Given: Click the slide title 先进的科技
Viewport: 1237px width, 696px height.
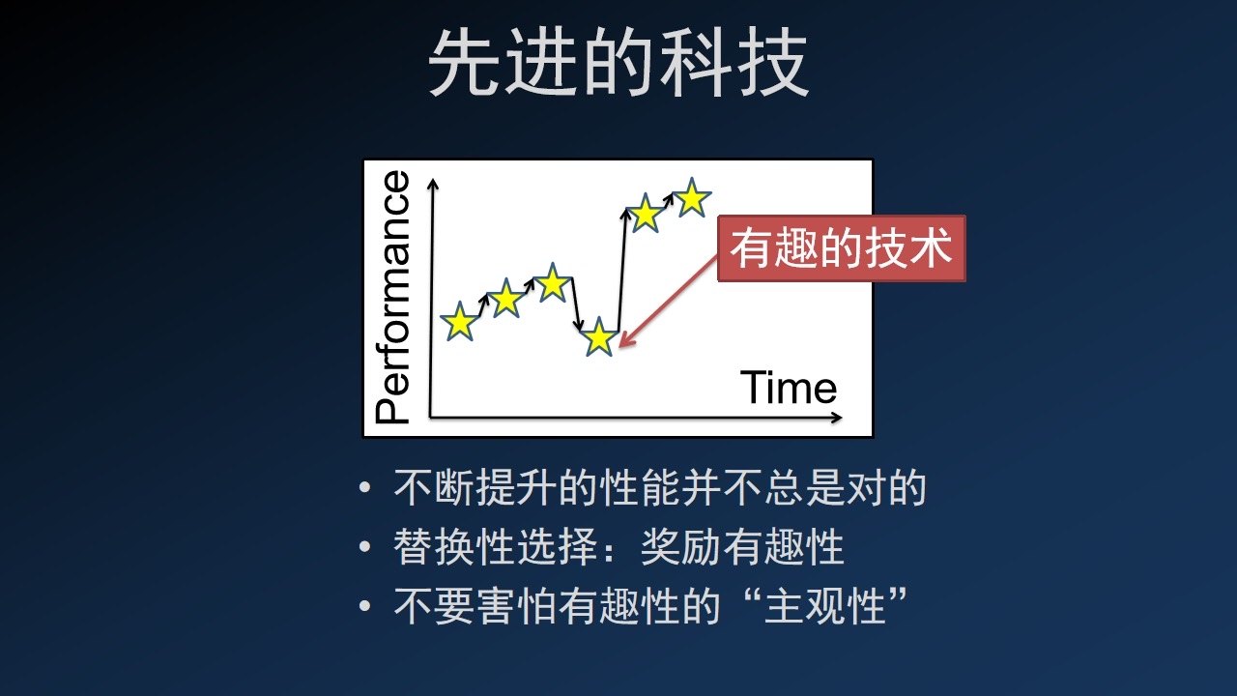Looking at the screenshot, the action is coord(618,63).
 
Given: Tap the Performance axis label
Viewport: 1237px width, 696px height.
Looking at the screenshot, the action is coord(392,297).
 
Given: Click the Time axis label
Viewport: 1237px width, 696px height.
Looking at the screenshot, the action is coord(788,387).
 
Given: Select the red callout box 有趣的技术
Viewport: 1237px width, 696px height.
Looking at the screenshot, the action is coord(842,248).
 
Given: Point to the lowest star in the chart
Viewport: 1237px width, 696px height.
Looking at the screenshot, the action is coord(599,336).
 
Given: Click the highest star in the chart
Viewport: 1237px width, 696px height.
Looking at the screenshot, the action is coord(691,197).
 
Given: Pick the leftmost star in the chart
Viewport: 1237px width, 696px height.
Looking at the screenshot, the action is coord(459,321).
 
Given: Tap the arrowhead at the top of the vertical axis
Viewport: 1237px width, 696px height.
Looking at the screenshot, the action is coord(434,184).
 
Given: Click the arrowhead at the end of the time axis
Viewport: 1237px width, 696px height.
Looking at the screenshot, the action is coord(836,418).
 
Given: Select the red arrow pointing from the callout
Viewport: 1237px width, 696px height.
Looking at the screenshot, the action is coord(668,303).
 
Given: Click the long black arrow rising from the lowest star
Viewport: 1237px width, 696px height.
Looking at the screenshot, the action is coord(621,270).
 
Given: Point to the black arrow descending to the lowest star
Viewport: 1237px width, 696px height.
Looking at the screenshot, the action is coord(575,304).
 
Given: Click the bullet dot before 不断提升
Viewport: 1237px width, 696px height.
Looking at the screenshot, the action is coord(364,487).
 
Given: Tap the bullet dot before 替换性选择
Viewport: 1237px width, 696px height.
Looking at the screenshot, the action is coord(364,547).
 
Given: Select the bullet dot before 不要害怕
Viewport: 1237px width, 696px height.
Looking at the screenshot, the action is coord(364,605).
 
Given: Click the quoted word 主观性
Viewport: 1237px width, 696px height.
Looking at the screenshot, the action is coord(825,606).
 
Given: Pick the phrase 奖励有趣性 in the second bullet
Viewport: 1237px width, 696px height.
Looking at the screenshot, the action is coord(742,547).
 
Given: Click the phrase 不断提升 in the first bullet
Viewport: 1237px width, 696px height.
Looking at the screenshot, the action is coord(475,488).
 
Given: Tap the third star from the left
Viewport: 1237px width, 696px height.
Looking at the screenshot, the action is coord(552,282).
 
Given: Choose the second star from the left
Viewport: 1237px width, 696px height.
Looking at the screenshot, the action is coord(505,298).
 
